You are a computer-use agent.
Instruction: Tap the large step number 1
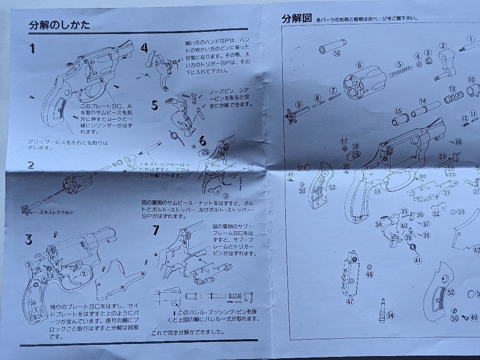point(32,48)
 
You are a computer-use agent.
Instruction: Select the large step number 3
point(28,240)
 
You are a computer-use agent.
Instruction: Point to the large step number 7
point(155,230)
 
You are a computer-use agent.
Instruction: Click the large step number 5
point(155,105)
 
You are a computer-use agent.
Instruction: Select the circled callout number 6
point(359,65)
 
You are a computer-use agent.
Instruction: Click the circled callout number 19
point(377,192)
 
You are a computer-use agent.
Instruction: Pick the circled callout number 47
point(350,301)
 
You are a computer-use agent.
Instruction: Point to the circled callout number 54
point(390,315)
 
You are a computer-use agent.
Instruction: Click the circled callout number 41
point(418,261)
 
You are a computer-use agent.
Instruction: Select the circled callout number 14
point(423,102)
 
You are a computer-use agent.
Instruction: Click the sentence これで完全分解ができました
point(188,332)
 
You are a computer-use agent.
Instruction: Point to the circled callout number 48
point(369,274)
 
